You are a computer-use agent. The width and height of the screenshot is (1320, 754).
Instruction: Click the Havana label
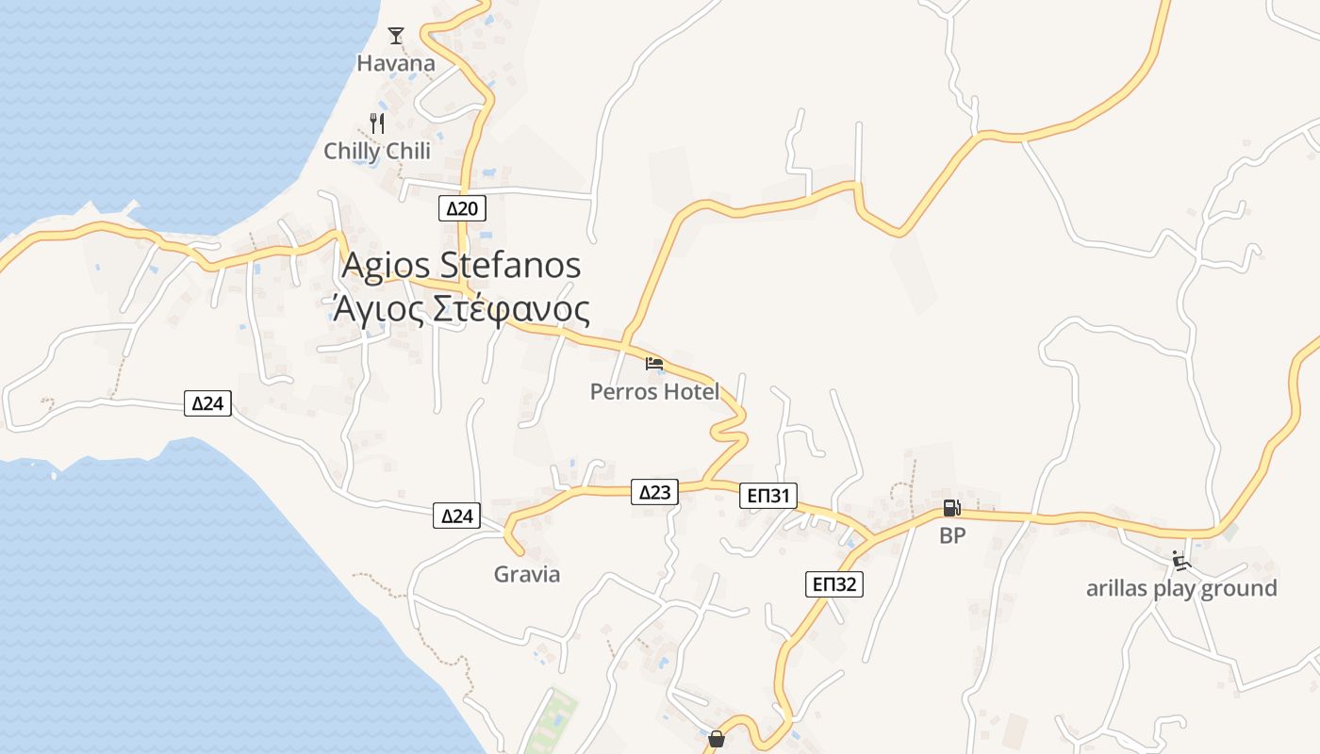point(396,64)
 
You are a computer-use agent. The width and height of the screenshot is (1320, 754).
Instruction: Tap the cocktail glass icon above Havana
point(396,36)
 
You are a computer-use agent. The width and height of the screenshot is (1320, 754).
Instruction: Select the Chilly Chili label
point(377,151)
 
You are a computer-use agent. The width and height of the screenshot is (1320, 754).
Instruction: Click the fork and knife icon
point(377,123)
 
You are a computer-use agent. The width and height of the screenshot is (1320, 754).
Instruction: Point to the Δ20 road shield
point(462,208)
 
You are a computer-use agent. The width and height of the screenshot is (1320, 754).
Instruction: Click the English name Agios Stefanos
point(461,265)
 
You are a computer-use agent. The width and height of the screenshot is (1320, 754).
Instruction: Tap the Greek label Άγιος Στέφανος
point(461,309)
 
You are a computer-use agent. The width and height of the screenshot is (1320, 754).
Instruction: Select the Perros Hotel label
point(654,391)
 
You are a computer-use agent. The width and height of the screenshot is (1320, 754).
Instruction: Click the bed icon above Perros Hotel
point(654,363)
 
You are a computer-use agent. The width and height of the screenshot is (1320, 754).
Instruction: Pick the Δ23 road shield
point(654,491)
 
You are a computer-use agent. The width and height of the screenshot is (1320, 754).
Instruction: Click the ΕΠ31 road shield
point(768,496)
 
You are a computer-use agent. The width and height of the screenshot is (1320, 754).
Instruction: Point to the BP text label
point(952,536)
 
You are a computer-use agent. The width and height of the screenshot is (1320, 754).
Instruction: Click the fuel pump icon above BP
point(951,508)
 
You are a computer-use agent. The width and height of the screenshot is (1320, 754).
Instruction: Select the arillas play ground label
point(1181,589)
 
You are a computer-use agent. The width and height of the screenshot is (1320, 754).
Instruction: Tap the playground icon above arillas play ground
point(1180,561)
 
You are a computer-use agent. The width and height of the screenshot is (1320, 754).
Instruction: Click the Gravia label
point(527,574)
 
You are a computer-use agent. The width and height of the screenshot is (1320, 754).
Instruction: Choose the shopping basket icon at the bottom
point(717,738)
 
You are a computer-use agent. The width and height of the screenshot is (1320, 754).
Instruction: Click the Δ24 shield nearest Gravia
point(456,516)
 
